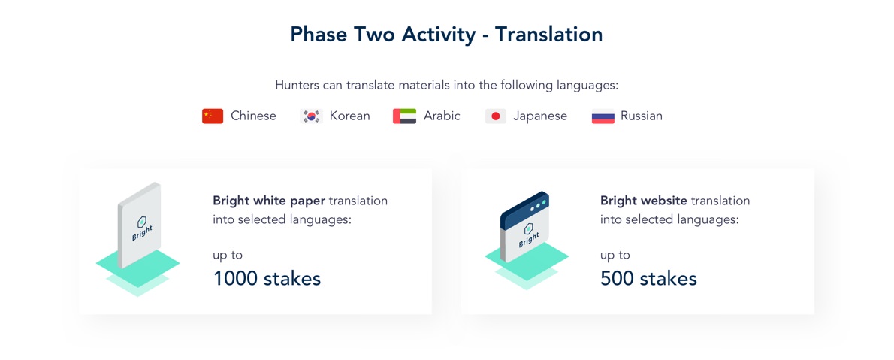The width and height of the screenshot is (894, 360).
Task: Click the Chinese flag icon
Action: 213,116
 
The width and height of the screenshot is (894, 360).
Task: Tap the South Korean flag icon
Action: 311,116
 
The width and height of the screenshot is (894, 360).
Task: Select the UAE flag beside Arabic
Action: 404,116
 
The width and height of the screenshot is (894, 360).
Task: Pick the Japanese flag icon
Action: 496,116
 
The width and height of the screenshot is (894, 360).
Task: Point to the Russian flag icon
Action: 603,116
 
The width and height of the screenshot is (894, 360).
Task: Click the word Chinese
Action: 253,116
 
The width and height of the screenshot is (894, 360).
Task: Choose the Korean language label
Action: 349,116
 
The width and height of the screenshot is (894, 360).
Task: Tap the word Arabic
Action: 442,116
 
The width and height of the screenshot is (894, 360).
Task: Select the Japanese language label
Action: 540,116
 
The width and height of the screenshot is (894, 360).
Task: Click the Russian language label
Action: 642,116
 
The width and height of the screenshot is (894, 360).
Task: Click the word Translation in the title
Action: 548,35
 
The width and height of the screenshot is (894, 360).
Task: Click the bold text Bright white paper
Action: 269,201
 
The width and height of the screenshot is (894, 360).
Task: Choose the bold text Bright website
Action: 645,201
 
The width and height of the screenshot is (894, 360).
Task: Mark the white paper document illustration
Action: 139,226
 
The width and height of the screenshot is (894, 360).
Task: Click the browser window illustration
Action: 524,226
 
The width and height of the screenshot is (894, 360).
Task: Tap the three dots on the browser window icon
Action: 538,205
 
